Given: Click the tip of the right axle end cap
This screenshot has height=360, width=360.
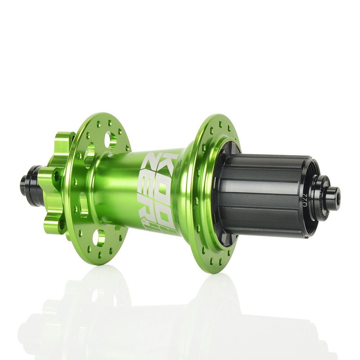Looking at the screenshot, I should point(336,199).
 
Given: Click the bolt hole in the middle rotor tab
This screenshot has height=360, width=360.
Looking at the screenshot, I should point(57,176).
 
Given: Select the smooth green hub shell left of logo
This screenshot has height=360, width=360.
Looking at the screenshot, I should point(115,187).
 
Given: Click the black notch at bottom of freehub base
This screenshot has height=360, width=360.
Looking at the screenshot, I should point(230,241).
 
